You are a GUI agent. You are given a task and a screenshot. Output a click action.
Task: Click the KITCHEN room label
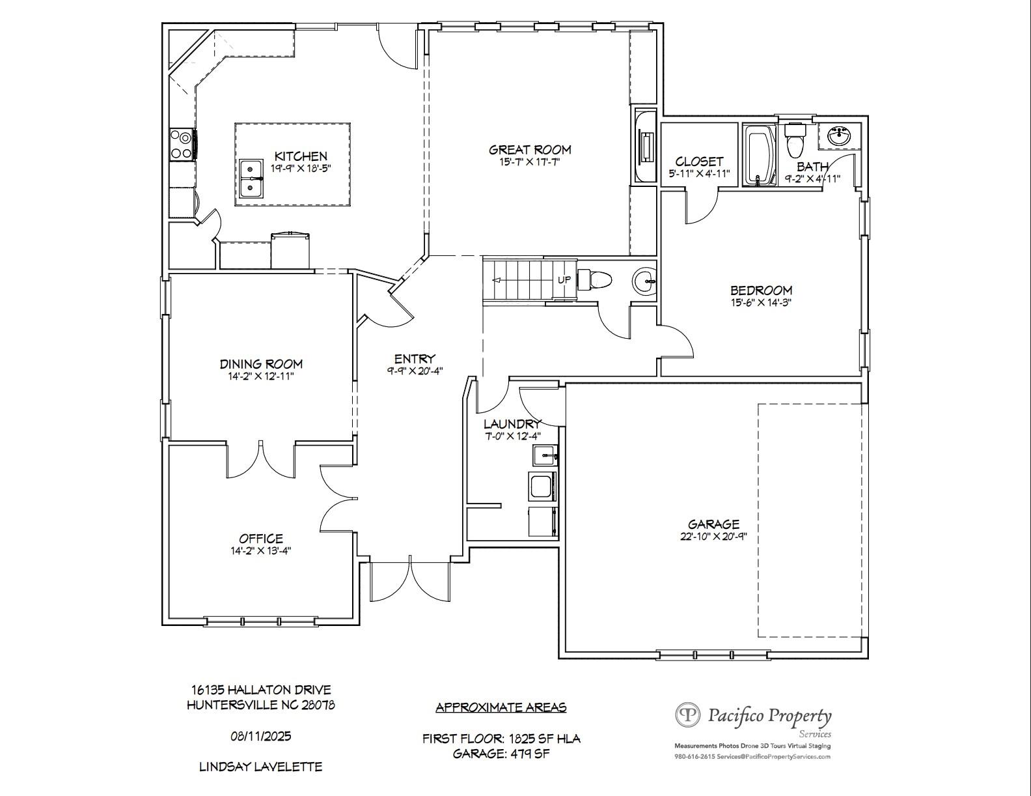301,156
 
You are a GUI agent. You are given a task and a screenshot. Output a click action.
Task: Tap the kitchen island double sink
251,178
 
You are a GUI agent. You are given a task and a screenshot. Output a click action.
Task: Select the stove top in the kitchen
182,143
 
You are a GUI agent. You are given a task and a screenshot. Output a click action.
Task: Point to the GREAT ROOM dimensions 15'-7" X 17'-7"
530,162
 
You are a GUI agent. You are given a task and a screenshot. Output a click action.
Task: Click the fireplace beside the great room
645,147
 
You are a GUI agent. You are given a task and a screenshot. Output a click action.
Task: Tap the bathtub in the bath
759,155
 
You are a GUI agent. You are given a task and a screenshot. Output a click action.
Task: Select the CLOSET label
699,162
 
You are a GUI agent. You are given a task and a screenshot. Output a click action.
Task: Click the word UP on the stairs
564,279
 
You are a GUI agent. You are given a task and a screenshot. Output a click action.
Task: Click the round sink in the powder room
645,281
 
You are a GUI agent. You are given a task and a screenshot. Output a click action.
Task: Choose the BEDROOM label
761,290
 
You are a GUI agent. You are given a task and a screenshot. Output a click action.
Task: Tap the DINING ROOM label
261,364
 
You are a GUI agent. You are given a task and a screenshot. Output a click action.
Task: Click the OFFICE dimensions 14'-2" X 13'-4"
260,550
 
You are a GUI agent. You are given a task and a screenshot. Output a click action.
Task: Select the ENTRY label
415,359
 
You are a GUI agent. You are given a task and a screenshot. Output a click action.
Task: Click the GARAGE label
713,524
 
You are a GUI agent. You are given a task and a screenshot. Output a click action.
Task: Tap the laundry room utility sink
545,456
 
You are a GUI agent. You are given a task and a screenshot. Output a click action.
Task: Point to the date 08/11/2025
260,736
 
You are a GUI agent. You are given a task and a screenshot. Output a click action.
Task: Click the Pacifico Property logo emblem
688,715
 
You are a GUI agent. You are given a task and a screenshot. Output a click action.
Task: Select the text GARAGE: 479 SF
501,753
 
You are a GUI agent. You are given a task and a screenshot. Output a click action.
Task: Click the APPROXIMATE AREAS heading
501,707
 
